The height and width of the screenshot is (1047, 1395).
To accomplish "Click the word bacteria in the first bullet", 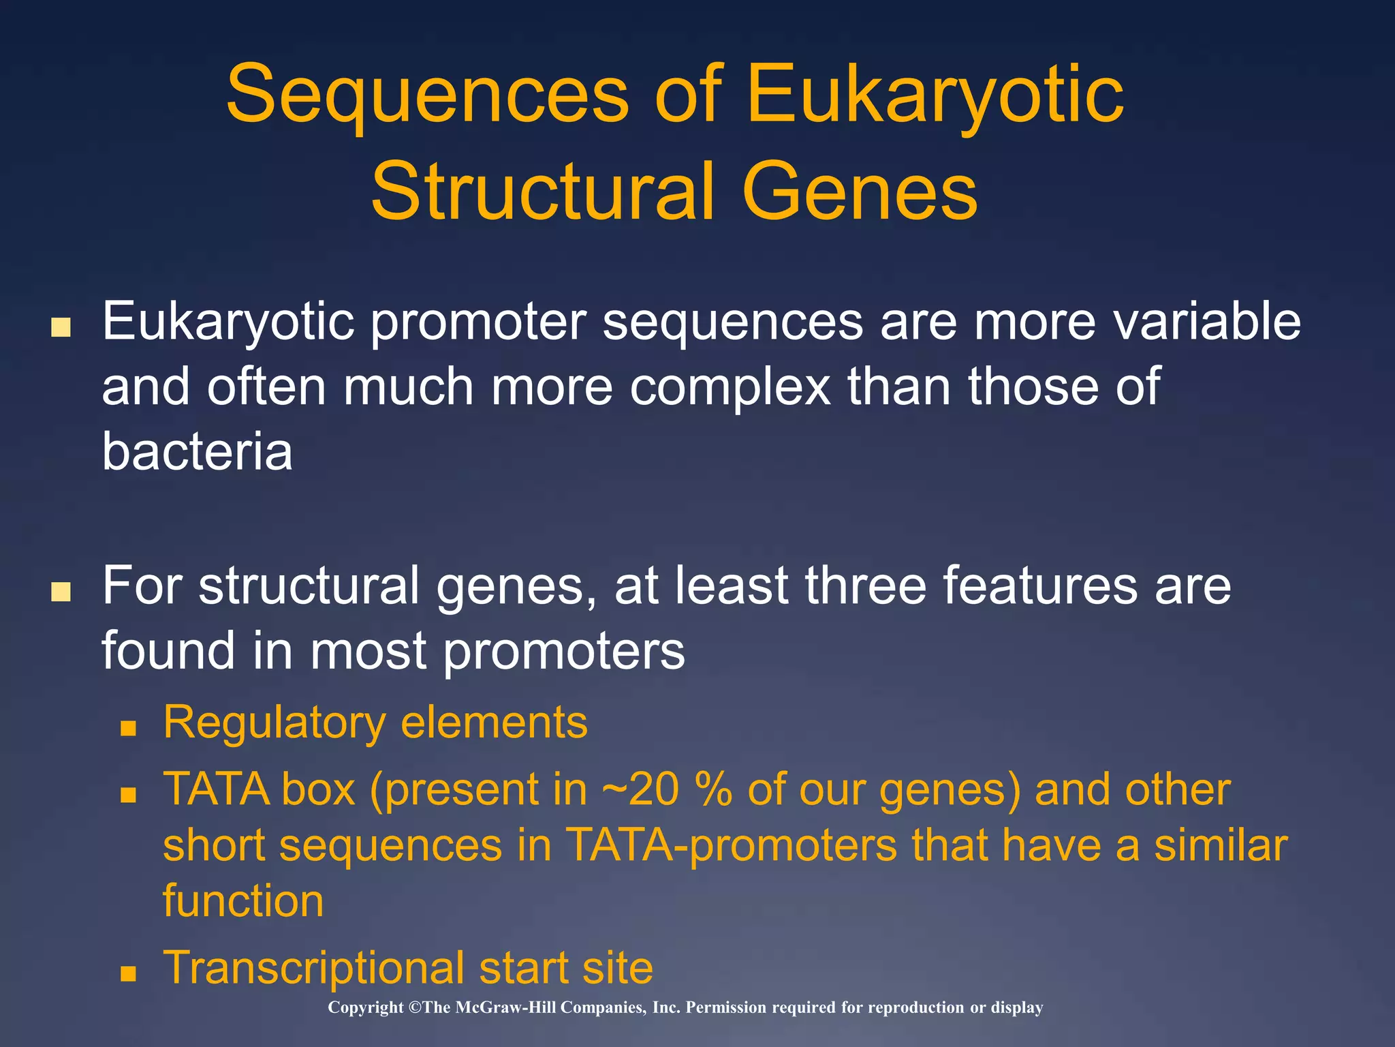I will (x=198, y=451).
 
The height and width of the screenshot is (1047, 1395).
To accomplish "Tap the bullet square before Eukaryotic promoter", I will (x=61, y=327).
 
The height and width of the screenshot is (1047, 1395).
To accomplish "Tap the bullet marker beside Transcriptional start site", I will (x=128, y=973).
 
